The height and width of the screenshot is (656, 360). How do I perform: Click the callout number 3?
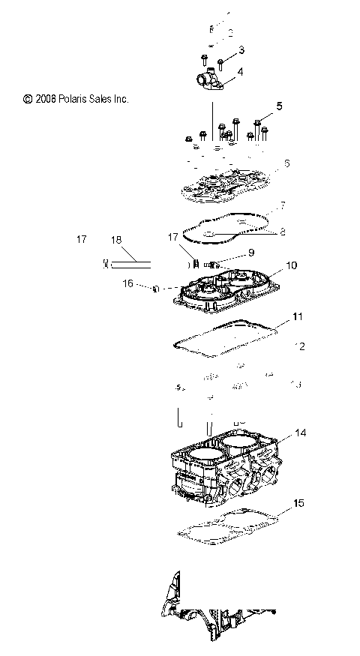241,49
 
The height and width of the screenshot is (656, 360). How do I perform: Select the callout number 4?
240,73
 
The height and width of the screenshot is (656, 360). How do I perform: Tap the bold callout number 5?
279,106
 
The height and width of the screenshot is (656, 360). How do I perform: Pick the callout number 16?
128,284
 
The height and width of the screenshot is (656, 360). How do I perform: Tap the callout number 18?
115,240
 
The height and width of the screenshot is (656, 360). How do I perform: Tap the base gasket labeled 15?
225,525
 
